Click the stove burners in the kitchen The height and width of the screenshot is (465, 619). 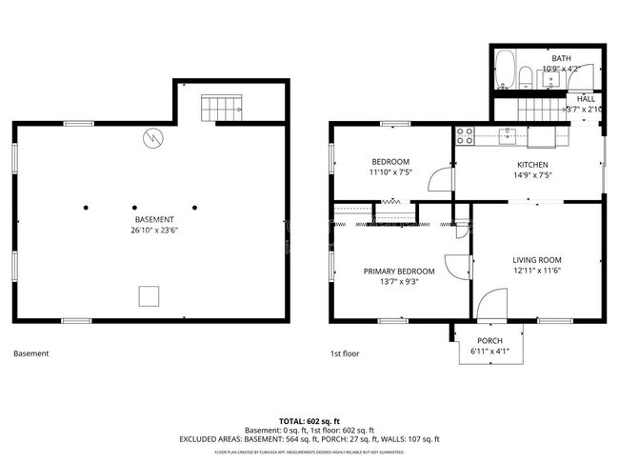pyautogui.click(x=465, y=134)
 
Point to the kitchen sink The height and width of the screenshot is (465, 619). pyautogui.click(x=510, y=134)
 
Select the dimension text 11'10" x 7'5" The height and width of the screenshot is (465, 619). pyautogui.click(x=390, y=173)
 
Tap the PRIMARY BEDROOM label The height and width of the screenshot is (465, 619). pyautogui.click(x=399, y=271)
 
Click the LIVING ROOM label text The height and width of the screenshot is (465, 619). pyautogui.click(x=537, y=259)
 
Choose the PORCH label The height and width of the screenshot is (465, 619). pyautogui.click(x=489, y=341)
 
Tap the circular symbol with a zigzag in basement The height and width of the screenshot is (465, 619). pyautogui.click(x=151, y=138)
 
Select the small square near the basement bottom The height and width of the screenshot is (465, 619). pyautogui.click(x=149, y=296)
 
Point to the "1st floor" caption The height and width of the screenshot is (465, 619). pyautogui.click(x=344, y=354)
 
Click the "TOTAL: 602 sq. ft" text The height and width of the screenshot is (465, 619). pyautogui.click(x=309, y=420)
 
